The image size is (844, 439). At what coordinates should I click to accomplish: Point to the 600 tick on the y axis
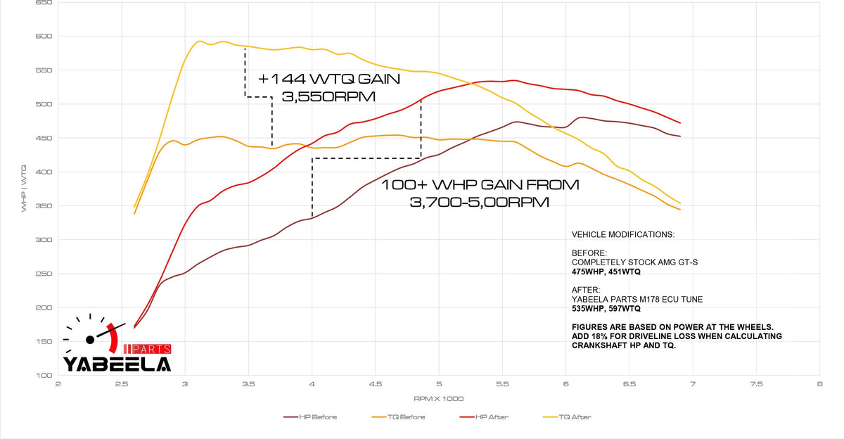click(x=43, y=37)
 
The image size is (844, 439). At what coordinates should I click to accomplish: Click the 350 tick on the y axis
click(x=43, y=206)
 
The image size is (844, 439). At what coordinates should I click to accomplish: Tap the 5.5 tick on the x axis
click(x=502, y=385)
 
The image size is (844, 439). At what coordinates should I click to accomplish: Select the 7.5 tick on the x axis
click(x=756, y=385)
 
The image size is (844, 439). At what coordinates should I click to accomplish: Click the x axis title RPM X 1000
click(x=439, y=398)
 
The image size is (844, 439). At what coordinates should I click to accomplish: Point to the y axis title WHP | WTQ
click(x=25, y=189)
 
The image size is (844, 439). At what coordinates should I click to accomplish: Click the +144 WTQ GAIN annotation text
click(x=328, y=79)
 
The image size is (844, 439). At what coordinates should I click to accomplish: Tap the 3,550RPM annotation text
click(x=328, y=97)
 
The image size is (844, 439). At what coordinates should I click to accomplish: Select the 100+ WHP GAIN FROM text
click(x=480, y=185)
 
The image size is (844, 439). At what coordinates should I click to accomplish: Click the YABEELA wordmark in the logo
click(x=117, y=364)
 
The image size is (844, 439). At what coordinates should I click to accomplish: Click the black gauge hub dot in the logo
click(x=90, y=340)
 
